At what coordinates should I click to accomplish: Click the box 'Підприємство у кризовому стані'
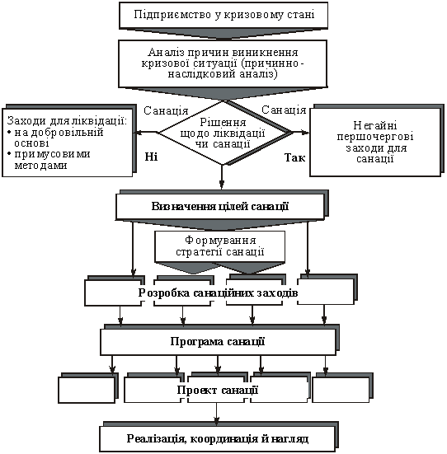(223, 15)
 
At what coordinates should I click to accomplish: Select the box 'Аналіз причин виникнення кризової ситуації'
(223, 63)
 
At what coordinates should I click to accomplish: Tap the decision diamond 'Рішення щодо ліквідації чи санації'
(223, 133)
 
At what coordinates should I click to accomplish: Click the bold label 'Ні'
(151, 157)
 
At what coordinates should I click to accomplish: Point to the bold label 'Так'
(294, 158)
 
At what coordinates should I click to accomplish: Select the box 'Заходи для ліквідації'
(68, 143)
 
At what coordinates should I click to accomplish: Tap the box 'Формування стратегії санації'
(220, 246)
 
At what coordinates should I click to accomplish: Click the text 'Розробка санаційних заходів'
(218, 293)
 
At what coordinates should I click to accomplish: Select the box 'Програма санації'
(218, 342)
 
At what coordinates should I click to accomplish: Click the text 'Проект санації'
(218, 390)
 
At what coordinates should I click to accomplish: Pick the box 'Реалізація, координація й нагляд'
(218, 439)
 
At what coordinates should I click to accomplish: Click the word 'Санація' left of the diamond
(166, 111)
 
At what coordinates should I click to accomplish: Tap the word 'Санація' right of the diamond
(284, 110)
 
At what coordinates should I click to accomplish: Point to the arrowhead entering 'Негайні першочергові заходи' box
(306, 133)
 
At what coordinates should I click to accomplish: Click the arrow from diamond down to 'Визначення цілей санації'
(222, 177)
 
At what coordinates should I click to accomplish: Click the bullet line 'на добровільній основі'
(55, 138)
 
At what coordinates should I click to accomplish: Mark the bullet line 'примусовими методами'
(49, 160)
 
